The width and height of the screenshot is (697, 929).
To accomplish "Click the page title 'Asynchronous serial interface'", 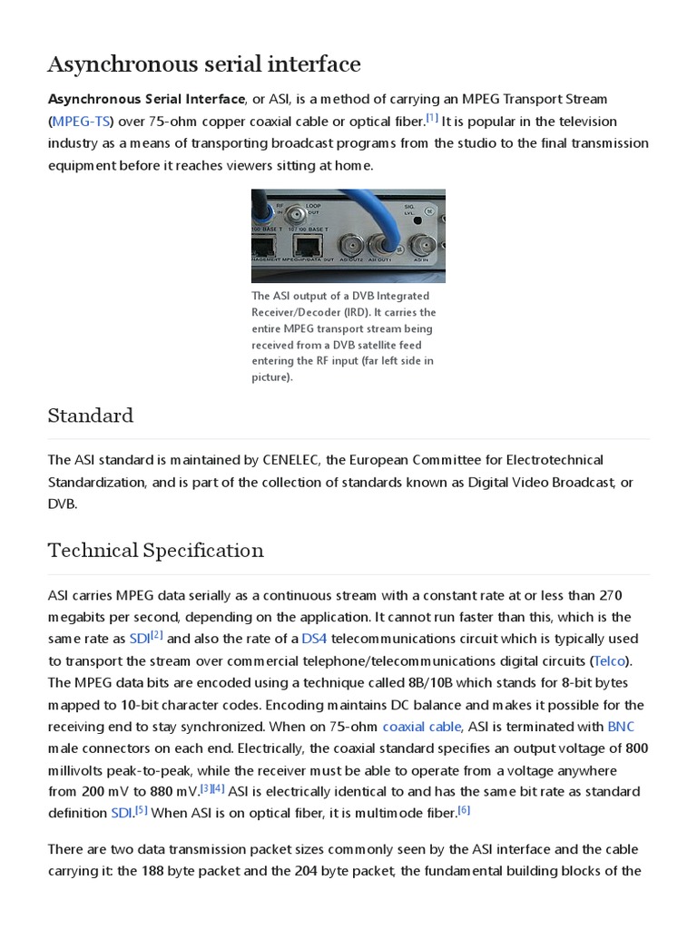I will click(x=203, y=64).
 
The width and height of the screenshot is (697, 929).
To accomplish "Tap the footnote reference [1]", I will click(x=432, y=117).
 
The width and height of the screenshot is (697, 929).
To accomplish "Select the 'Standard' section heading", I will click(x=90, y=416).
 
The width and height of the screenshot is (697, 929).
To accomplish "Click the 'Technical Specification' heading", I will click(x=155, y=550).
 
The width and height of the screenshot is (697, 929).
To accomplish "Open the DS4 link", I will click(x=314, y=639).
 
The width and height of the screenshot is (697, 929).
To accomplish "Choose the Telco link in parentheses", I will click(x=610, y=660).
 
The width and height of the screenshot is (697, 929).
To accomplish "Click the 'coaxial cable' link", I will click(x=422, y=726).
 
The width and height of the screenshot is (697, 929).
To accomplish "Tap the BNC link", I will click(x=621, y=726).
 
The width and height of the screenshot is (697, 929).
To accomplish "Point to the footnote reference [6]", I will click(x=464, y=809).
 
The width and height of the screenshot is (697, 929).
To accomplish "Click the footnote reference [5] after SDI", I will click(x=142, y=809).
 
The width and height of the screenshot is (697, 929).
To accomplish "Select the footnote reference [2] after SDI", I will click(x=157, y=635).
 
